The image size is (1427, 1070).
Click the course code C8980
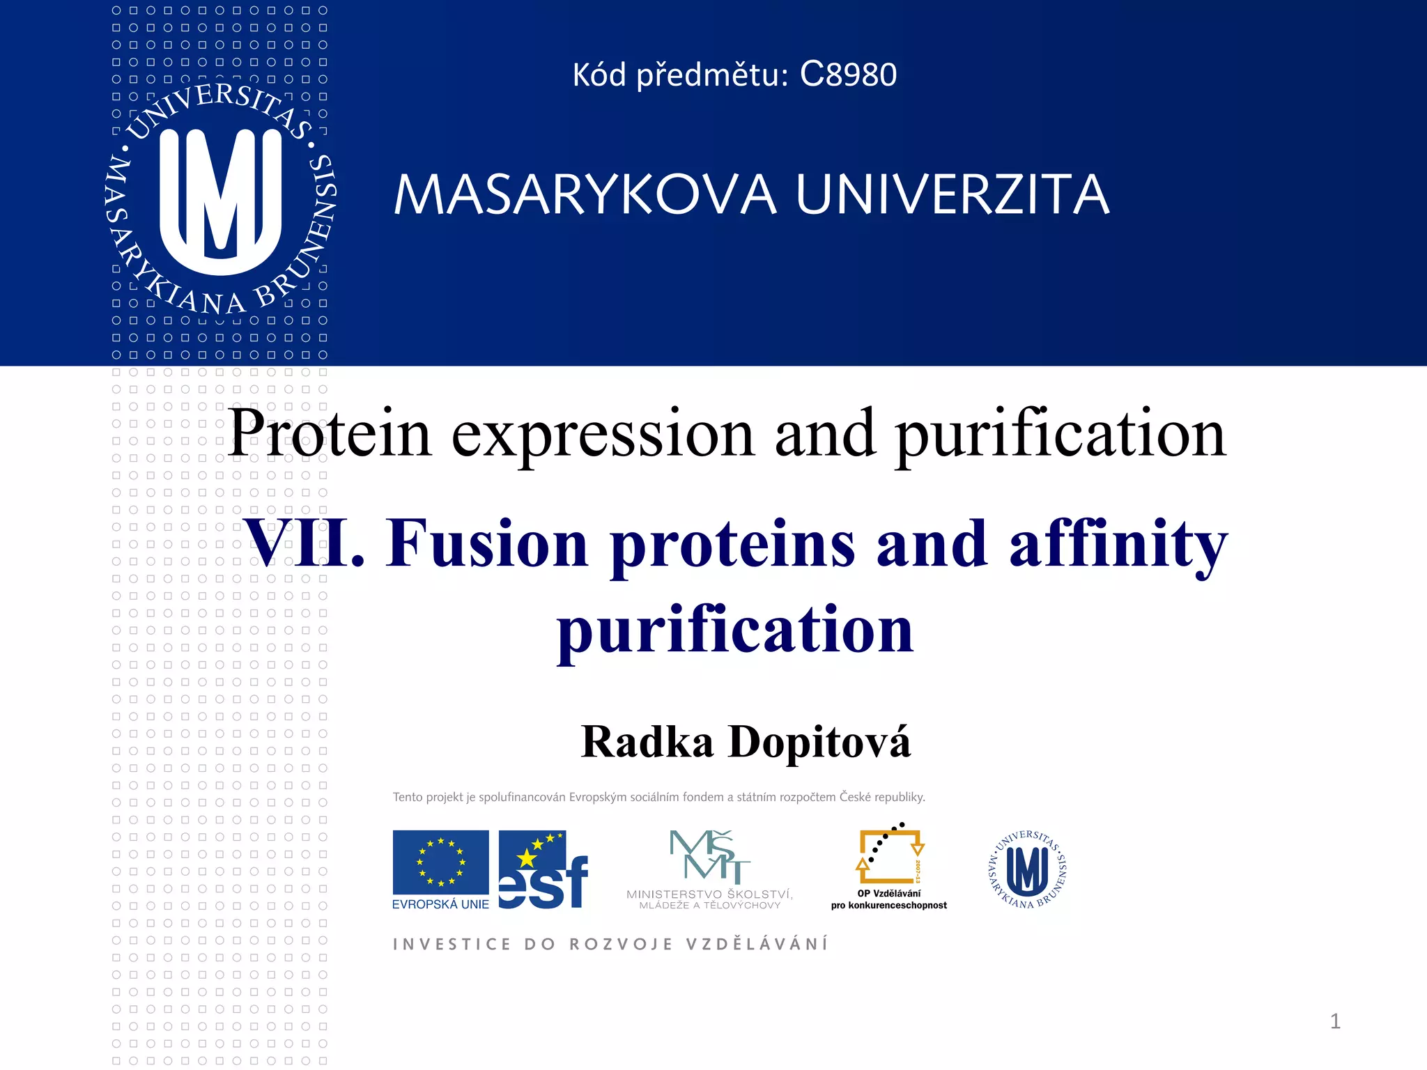[848, 75]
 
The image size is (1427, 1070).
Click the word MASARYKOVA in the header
[584, 195]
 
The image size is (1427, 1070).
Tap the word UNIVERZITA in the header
[952, 195]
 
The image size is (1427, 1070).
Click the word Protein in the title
[330, 433]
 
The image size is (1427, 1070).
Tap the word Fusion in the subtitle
[488, 543]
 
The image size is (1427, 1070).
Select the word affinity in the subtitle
[1118, 545]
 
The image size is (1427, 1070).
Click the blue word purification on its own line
[735, 630]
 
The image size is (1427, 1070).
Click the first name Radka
[647, 742]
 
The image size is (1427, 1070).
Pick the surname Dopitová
[819, 742]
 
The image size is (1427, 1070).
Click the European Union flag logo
[440, 862]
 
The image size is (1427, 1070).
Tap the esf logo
[543, 871]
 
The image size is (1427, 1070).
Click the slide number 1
[1335, 1021]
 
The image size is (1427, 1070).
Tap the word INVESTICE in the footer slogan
[452, 945]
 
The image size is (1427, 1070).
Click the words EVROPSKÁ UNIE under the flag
[440, 904]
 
